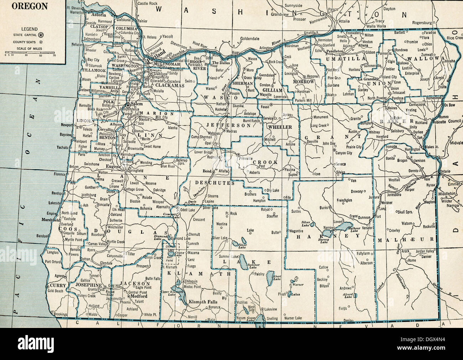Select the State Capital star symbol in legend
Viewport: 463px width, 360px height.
coord(42,35)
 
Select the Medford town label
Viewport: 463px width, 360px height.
coord(139,296)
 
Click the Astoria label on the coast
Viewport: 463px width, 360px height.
coord(98,15)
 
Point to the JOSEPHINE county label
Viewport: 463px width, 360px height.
coord(89,286)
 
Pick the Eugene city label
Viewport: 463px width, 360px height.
coord(112,166)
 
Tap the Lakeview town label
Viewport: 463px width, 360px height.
coord(270,309)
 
